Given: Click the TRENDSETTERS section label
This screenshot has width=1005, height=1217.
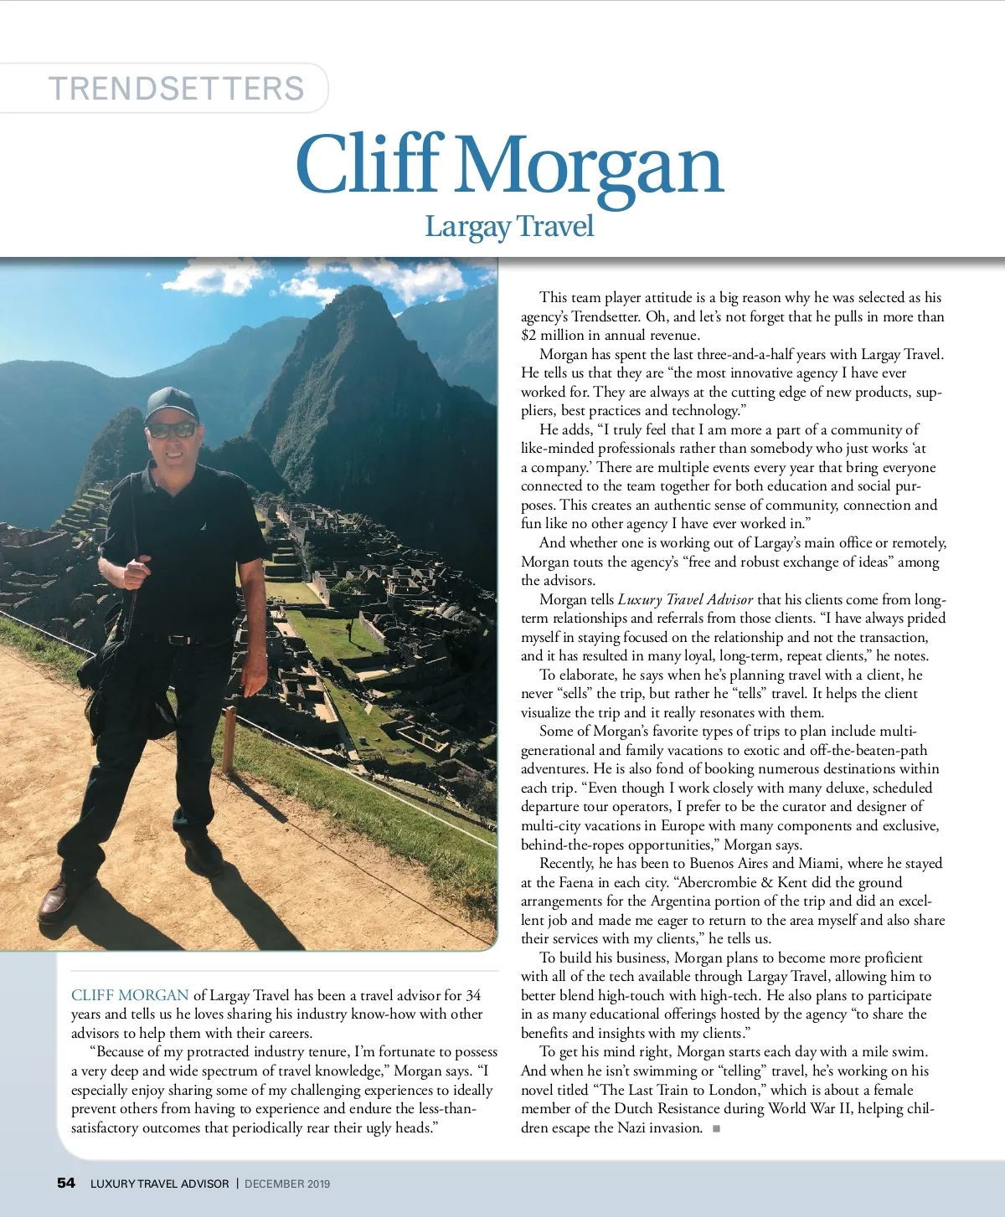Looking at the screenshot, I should (x=176, y=89).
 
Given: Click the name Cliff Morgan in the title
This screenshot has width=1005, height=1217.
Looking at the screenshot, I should (x=508, y=166).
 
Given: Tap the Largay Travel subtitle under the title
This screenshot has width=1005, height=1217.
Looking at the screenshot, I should (x=508, y=226).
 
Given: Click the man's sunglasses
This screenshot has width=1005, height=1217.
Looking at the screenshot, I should (x=172, y=430).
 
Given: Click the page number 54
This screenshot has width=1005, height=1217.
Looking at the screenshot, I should (x=66, y=1183).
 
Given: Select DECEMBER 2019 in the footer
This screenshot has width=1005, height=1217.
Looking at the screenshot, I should (x=287, y=1184).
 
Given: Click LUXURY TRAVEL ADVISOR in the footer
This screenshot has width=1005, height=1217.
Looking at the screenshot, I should (x=159, y=1184).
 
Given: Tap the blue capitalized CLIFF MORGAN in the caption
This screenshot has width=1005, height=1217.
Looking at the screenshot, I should (x=130, y=995).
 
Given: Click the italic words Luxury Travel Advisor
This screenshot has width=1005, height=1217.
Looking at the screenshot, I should (x=685, y=599).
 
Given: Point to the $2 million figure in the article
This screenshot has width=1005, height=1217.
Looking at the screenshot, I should (x=553, y=336).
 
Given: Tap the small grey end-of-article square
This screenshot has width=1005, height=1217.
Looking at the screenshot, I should (x=716, y=1128).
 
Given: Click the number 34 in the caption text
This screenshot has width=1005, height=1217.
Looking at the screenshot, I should (x=473, y=995).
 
